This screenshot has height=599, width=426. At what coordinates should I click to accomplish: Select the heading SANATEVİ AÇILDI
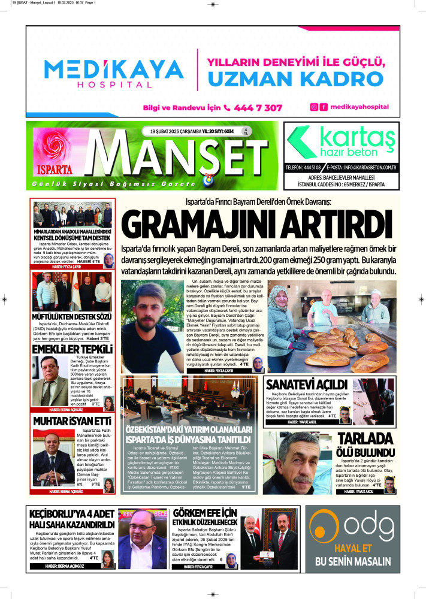306,383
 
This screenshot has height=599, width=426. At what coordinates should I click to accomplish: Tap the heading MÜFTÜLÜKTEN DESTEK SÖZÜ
72,316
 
